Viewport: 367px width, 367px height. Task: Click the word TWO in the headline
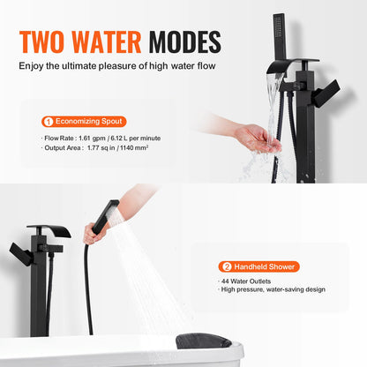point(41,41)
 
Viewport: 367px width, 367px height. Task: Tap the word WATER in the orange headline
point(107,41)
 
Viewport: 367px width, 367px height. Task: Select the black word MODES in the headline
point(184,41)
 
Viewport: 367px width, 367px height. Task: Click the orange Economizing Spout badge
point(84,122)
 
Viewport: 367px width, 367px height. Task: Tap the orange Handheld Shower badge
point(258,266)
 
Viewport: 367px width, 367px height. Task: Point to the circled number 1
point(49,122)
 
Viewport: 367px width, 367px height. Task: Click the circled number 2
point(227,267)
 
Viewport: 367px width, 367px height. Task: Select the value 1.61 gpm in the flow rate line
point(92,139)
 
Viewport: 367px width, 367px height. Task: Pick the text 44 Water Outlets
point(246,281)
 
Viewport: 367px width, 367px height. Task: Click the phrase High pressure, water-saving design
point(273,289)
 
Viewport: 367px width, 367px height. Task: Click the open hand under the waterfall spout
point(258,139)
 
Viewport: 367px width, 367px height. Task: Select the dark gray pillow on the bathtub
point(204,341)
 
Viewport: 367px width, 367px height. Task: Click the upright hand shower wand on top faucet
point(280,37)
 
